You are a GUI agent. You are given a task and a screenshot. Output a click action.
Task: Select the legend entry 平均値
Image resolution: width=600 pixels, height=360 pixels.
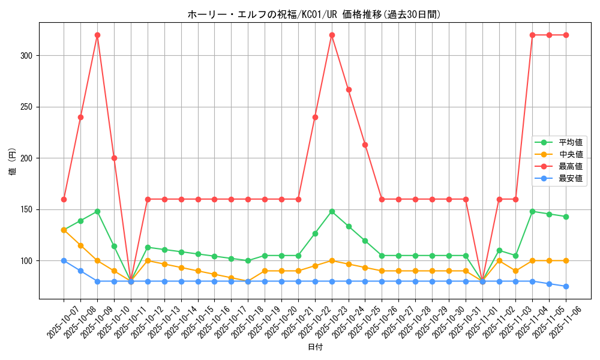coord(571,142)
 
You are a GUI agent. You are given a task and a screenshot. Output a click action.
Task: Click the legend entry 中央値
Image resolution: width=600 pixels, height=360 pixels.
coord(571,154)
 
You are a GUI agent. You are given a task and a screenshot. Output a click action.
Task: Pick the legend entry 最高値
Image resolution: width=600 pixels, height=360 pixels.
coord(571,166)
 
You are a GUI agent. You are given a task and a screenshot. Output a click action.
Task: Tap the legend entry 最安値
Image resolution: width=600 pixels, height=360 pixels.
coord(571,178)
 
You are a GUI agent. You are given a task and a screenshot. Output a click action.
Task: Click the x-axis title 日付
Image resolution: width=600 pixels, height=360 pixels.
coord(314,347)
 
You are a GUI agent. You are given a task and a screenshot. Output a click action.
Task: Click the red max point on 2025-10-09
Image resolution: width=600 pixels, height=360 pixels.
coord(97,35)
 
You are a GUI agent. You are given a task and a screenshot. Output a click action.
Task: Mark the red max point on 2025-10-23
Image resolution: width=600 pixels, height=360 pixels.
coord(332,35)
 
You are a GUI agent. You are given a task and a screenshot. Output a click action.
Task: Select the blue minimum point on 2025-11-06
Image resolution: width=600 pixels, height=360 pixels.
coord(566,286)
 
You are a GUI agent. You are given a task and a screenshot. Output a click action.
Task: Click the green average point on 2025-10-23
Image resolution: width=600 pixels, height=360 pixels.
coord(332,211)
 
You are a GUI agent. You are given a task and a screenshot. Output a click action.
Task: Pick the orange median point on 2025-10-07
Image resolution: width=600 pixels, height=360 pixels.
coord(64,230)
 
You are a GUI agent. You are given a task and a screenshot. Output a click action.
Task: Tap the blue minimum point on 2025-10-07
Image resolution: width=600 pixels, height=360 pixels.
coord(64,260)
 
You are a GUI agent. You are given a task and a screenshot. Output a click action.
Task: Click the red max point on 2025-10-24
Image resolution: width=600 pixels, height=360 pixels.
coord(349,89)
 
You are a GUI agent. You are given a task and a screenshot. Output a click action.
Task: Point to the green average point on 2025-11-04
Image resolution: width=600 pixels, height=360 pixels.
coord(532,211)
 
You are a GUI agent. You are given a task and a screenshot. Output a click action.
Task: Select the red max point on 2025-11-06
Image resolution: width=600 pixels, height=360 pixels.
coord(566,35)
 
